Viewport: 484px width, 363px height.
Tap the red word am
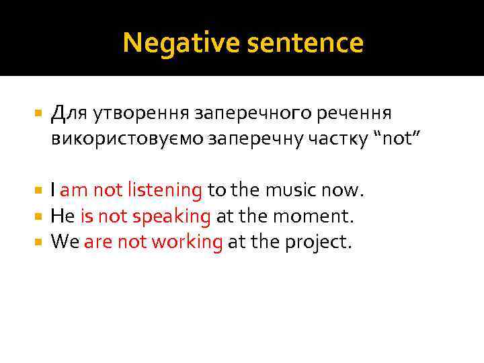tap(74, 190)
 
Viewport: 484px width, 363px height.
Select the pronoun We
tap(65, 241)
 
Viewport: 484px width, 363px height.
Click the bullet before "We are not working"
tap(37, 242)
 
